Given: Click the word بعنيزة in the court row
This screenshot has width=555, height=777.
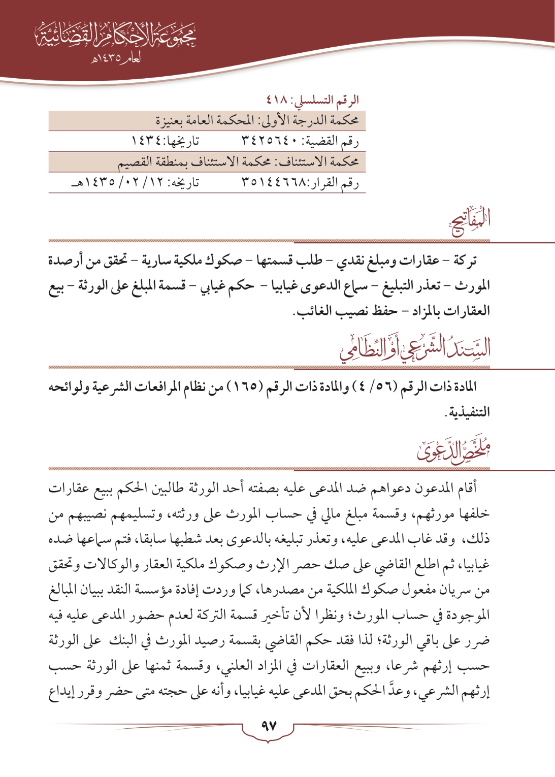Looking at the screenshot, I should pyautogui.click(x=172, y=121).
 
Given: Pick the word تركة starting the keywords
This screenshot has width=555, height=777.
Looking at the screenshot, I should pyautogui.click(x=465, y=262).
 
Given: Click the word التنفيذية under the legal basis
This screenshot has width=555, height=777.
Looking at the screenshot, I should pyautogui.click(x=467, y=412).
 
